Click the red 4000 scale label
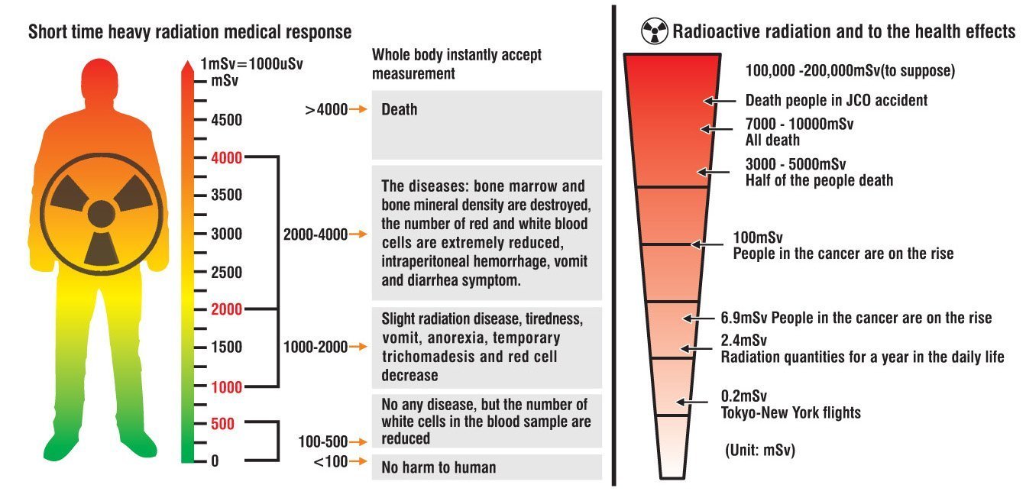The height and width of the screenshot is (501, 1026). click(x=228, y=158)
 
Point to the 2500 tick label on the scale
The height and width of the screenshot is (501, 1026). click(x=228, y=272)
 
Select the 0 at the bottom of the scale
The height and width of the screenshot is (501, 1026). click(x=215, y=461)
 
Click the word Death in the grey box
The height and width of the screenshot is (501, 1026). click(x=400, y=109)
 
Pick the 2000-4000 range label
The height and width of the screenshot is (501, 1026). click(x=315, y=234)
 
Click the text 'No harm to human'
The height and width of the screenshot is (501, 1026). click(x=439, y=467)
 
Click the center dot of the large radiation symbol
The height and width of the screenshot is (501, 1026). click(x=102, y=213)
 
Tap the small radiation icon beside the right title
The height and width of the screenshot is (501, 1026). click(x=654, y=32)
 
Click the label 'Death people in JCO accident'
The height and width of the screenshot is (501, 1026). click(x=836, y=100)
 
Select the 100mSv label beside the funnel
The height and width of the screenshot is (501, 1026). click(x=758, y=238)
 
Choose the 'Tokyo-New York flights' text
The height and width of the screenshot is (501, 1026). click(x=791, y=413)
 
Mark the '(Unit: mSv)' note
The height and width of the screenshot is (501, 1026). click(x=760, y=451)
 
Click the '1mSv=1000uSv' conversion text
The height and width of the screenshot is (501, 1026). click(x=251, y=64)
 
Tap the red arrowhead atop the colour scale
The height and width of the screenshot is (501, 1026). click(x=186, y=67)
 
